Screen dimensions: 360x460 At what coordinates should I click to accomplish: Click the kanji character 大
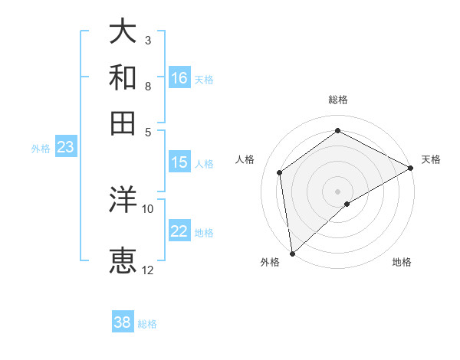(x=123, y=32)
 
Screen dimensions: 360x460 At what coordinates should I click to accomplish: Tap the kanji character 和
(x=123, y=77)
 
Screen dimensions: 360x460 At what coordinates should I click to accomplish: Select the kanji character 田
(x=123, y=123)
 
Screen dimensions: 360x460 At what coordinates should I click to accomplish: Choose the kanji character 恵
(x=123, y=260)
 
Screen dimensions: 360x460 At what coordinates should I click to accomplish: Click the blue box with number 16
(x=179, y=78)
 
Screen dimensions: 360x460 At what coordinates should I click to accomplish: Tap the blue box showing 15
(x=179, y=162)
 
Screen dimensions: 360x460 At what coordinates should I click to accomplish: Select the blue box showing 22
(x=179, y=231)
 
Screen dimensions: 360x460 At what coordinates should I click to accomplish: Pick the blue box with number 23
(x=65, y=147)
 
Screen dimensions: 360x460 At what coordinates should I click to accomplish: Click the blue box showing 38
(x=123, y=322)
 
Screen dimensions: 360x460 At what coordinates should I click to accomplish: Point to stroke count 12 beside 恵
(x=148, y=270)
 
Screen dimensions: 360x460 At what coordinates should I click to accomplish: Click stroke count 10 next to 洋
(x=148, y=208)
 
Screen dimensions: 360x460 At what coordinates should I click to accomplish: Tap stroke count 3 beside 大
(x=148, y=40)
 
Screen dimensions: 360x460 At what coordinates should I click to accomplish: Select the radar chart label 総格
(x=338, y=100)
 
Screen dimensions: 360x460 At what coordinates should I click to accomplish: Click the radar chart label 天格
(x=431, y=159)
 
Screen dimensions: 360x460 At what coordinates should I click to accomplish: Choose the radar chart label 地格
(x=402, y=263)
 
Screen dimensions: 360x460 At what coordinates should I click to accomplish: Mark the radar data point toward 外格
(x=292, y=254)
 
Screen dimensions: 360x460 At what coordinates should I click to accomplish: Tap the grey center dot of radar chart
(x=338, y=191)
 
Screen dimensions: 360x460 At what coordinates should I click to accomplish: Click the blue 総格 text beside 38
(x=147, y=324)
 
